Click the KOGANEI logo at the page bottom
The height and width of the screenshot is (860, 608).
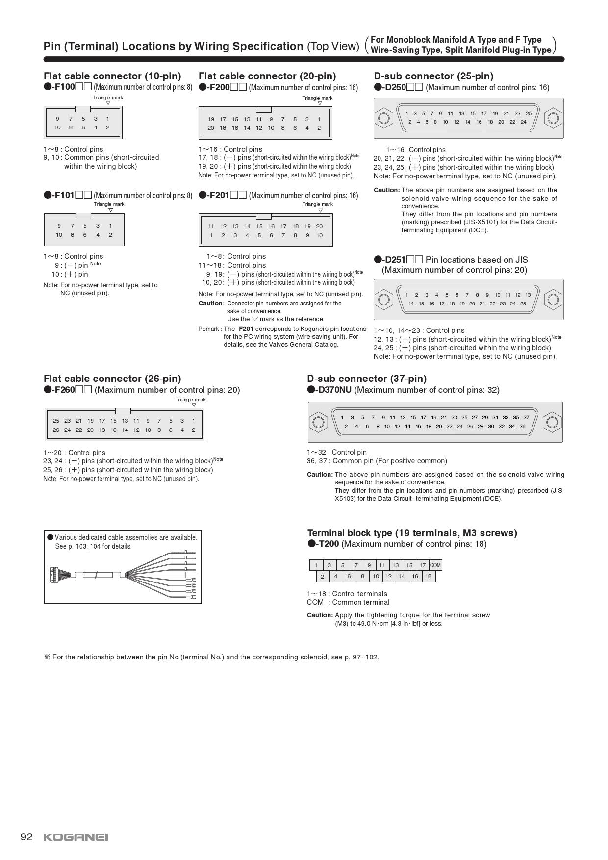point(76,837)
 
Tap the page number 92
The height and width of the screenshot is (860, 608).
point(26,836)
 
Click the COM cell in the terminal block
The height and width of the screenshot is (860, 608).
point(435,565)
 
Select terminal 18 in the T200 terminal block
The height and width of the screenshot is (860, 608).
point(428,576)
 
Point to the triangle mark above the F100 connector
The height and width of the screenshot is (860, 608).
point(108,103)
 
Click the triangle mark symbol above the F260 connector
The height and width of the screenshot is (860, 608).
point(194,405)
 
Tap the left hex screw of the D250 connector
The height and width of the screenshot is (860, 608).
point(383,118)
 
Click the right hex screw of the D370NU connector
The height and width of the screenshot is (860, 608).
point(551,422)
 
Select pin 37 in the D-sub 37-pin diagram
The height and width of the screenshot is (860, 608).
point(526,417)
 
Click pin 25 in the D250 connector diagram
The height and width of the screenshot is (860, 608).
point(529,113)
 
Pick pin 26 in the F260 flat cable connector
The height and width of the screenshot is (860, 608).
point(56,430)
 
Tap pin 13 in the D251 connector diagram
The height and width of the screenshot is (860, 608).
point(528,295)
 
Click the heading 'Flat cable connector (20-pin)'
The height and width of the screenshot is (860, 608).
point(267,76)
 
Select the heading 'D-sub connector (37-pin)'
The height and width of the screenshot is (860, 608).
point(367,379)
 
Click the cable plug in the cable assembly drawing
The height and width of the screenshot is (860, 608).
point(54,575)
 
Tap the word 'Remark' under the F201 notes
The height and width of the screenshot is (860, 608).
point(208,329)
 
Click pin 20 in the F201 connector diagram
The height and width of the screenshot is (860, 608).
point(319,226)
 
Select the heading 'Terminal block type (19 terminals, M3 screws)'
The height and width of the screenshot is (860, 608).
point(412,533)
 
